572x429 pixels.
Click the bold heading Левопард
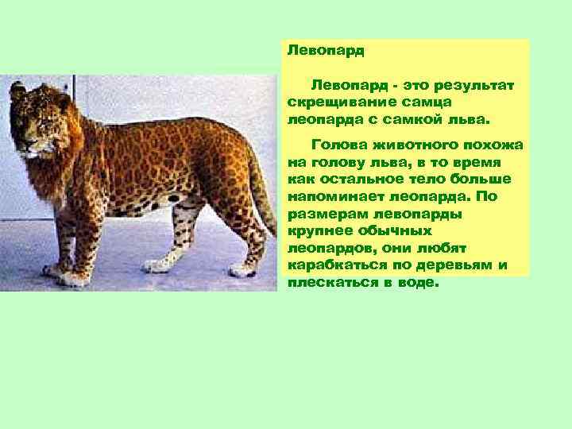[x=326, y=50]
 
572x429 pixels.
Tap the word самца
[x=430, y=102]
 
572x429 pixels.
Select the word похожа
[x=498, y=145]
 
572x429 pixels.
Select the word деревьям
[x=462, y=265]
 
